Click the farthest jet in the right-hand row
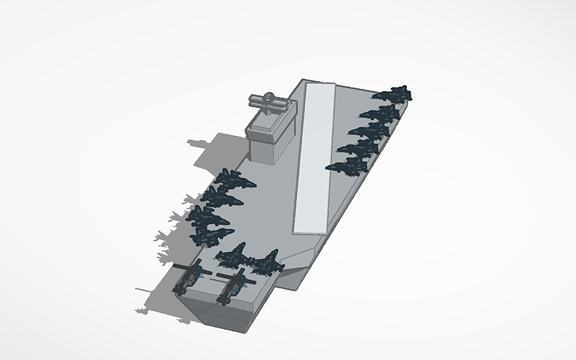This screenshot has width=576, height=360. point(394,94)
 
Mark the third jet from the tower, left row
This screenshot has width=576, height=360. point(207,215)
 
